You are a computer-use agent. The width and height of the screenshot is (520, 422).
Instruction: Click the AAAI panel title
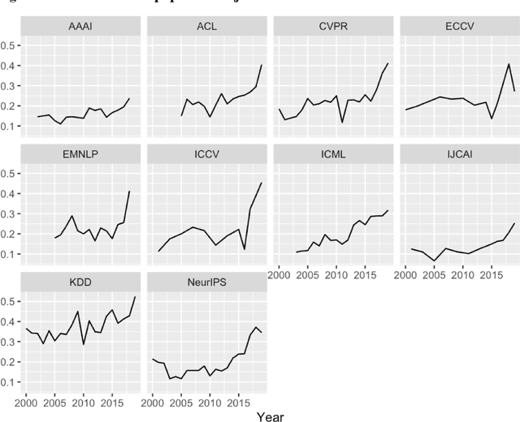[x=80, y=26]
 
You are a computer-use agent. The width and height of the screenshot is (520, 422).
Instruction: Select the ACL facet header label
[x=206, y=26]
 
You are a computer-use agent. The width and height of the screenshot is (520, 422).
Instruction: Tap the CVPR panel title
[x=333, y=26]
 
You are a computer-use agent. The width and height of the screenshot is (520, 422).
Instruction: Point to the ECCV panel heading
[x=460, y=26]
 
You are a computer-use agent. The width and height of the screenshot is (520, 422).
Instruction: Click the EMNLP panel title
[x=80, y=153]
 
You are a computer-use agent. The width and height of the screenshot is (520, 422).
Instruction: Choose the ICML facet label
[x=333, y=153]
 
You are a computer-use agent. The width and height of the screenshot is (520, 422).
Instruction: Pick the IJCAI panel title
[x=460, y=153]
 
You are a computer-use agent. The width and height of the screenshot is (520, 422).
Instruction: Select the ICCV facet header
[x=206, y=153]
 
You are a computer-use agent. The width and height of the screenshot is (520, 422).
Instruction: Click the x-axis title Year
[x=270, y=415]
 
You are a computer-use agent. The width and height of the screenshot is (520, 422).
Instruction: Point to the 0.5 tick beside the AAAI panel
[x=11, y=45]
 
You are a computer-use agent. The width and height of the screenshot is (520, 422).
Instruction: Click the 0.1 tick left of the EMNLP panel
[x=11, y=254]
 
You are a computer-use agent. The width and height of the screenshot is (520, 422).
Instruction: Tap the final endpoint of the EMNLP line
[x=129, y=192]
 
